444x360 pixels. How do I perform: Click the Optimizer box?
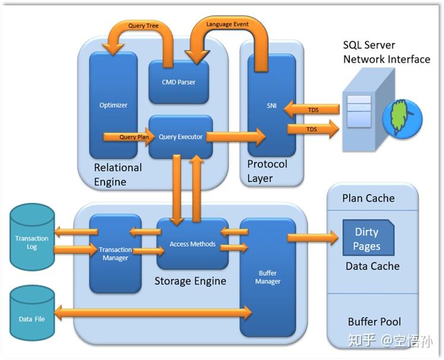click(x=113, y=105)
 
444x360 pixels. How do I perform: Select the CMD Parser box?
click(x=179, y=82)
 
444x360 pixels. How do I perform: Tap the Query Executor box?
click(x=180, y=137)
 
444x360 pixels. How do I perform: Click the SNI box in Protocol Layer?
click(x=271, y=105)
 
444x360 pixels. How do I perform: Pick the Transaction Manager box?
click(x=115, y=254)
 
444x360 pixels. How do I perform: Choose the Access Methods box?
click(x=192, y=244)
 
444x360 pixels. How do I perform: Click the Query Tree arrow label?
click(x=143, y=26)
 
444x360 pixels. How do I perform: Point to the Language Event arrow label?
click(x=227, y=24)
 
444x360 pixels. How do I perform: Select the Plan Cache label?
click(x=368, y=198)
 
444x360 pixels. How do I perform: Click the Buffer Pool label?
click(x=374, y=321)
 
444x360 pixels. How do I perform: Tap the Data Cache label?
click(x=372, y=266)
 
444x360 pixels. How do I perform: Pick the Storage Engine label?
click(x=190, y=280)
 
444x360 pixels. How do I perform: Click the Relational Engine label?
click(x=118, y=175)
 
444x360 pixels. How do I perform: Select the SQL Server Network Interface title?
click(x=386, y=52)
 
